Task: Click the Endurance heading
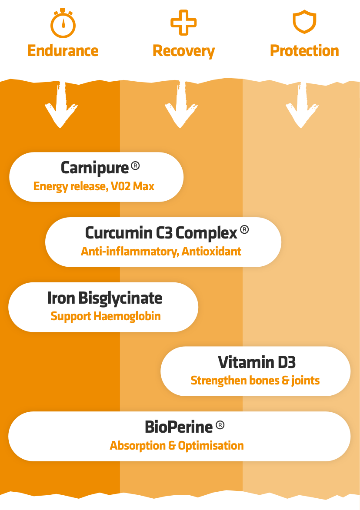point(63,51)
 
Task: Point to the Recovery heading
point(184,51)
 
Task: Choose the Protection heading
point(304,51)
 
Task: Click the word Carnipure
point(95,168)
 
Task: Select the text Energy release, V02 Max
point(94,186)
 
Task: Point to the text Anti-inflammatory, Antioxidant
point(161,251)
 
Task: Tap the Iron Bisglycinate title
point(105,298)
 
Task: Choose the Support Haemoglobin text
point(106,316)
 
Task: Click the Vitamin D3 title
point(257,362)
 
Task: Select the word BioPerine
point(179,427)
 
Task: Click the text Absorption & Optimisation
point(177,446)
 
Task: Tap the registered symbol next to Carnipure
point(135,166)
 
